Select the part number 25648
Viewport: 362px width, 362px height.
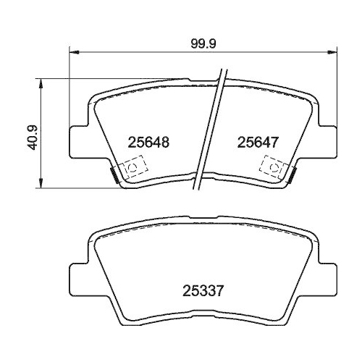tap(148, 143)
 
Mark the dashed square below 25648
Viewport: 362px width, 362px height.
tap(131, 169)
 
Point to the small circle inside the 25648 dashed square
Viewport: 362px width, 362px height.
tap(131, 169)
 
